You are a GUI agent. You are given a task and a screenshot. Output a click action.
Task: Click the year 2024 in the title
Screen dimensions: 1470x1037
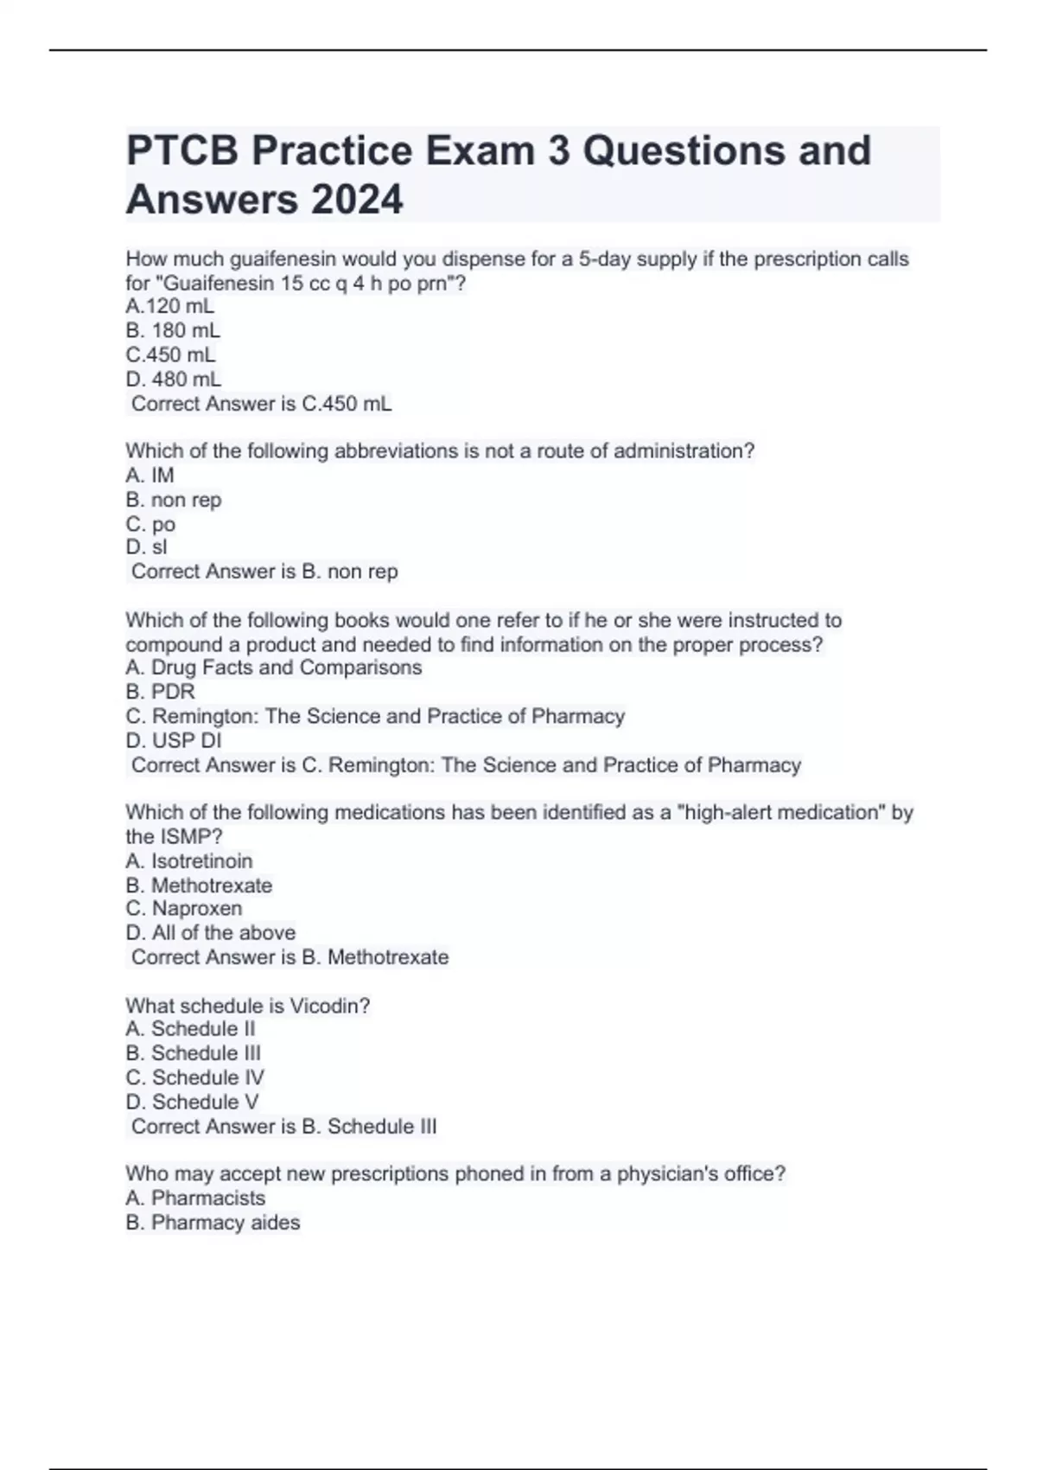click(x=356, y=200)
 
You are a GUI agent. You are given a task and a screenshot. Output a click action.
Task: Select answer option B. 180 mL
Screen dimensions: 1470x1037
click(x=173, y=330)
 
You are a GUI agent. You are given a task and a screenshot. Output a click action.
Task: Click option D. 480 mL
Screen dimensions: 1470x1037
click(x=173, y=379)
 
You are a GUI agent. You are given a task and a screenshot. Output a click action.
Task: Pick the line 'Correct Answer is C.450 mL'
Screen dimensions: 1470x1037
click(x=261, y=404)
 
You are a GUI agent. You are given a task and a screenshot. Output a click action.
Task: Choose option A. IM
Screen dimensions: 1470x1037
click(x=150, y=475)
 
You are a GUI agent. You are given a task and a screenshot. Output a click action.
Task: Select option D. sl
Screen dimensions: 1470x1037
click(x=146, y=546)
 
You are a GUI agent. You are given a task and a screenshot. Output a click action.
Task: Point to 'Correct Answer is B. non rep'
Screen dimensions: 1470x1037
click(x=264, y=572)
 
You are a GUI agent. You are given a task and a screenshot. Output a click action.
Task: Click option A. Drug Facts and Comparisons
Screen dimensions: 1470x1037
click(x=273, y=668)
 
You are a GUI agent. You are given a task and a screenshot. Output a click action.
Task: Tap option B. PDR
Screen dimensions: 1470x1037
click(x=160, y=692)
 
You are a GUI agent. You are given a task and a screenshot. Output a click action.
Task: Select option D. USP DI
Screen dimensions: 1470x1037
click(x=173, y=740)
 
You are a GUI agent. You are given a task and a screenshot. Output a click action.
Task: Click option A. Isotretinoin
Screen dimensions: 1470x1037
click(x=188, y=861)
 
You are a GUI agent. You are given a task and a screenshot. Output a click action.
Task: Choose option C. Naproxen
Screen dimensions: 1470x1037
click(x=183, y=909)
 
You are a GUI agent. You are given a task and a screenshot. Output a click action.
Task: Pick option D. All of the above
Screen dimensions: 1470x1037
click(x=210, y=933)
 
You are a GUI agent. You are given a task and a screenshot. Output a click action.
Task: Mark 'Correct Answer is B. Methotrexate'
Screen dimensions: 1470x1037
click(x=289, y=957)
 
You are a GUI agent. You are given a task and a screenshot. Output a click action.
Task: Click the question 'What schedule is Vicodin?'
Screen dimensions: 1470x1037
click(x=247, y=1006)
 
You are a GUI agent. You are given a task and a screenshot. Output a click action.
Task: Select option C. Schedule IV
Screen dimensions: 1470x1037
click(x=194, y=1077)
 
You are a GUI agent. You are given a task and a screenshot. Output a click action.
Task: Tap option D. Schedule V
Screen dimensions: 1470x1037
click(x=192, y=1102)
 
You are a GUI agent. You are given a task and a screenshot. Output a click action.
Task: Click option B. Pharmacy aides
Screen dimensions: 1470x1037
click(x=213, y=1223)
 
